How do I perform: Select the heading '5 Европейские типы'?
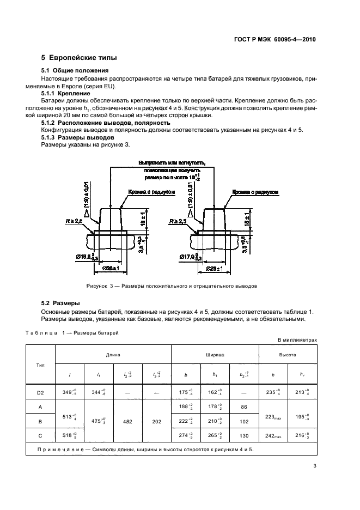point(80,58)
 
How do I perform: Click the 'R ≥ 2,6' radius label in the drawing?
point(75,222)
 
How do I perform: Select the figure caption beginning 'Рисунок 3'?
point(171,286)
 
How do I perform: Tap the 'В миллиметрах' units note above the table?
point(297,340)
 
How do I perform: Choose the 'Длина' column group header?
point(113,354)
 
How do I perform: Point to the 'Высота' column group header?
point(288,354)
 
